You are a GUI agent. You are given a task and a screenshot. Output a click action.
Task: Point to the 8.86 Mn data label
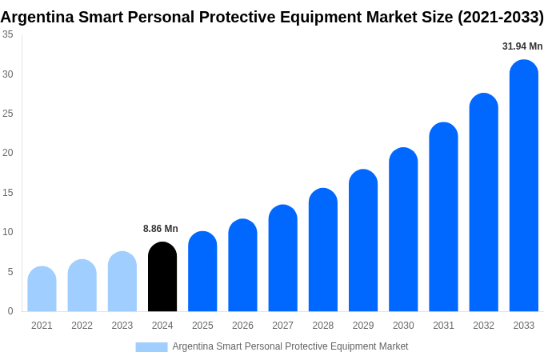pyautogui.click(x=161, y=229)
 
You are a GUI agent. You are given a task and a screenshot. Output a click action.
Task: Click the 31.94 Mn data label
pyautogui.click(x=522, y=46)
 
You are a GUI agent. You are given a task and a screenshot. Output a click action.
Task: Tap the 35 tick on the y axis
pyautogui.click(x=8, y=34)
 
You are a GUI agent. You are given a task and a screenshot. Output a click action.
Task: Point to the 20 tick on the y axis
pyautogui.click(x=8, y=153)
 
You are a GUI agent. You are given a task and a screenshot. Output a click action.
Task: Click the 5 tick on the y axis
pyautogui.click(x=10, y=272)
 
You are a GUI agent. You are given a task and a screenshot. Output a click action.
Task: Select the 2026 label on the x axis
pyautogui.click(x=242, y=326)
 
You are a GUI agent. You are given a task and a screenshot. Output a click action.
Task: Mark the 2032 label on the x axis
pyautogui.click(x=483, y=326)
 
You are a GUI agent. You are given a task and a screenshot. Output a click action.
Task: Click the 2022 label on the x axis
pyautogui.click(x=82, y=326)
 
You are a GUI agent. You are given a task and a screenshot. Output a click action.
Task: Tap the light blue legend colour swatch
pyautogui.click(x=151, y=347)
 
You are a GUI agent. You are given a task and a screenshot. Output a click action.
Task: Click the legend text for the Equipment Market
pyautogui.click(x=290, y=346)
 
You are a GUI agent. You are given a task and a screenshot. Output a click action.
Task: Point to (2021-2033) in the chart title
pyautogui.click(x=500, y=17)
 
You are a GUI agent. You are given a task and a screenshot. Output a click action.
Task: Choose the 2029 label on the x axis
pyautogui.click(x=363, y=326)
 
